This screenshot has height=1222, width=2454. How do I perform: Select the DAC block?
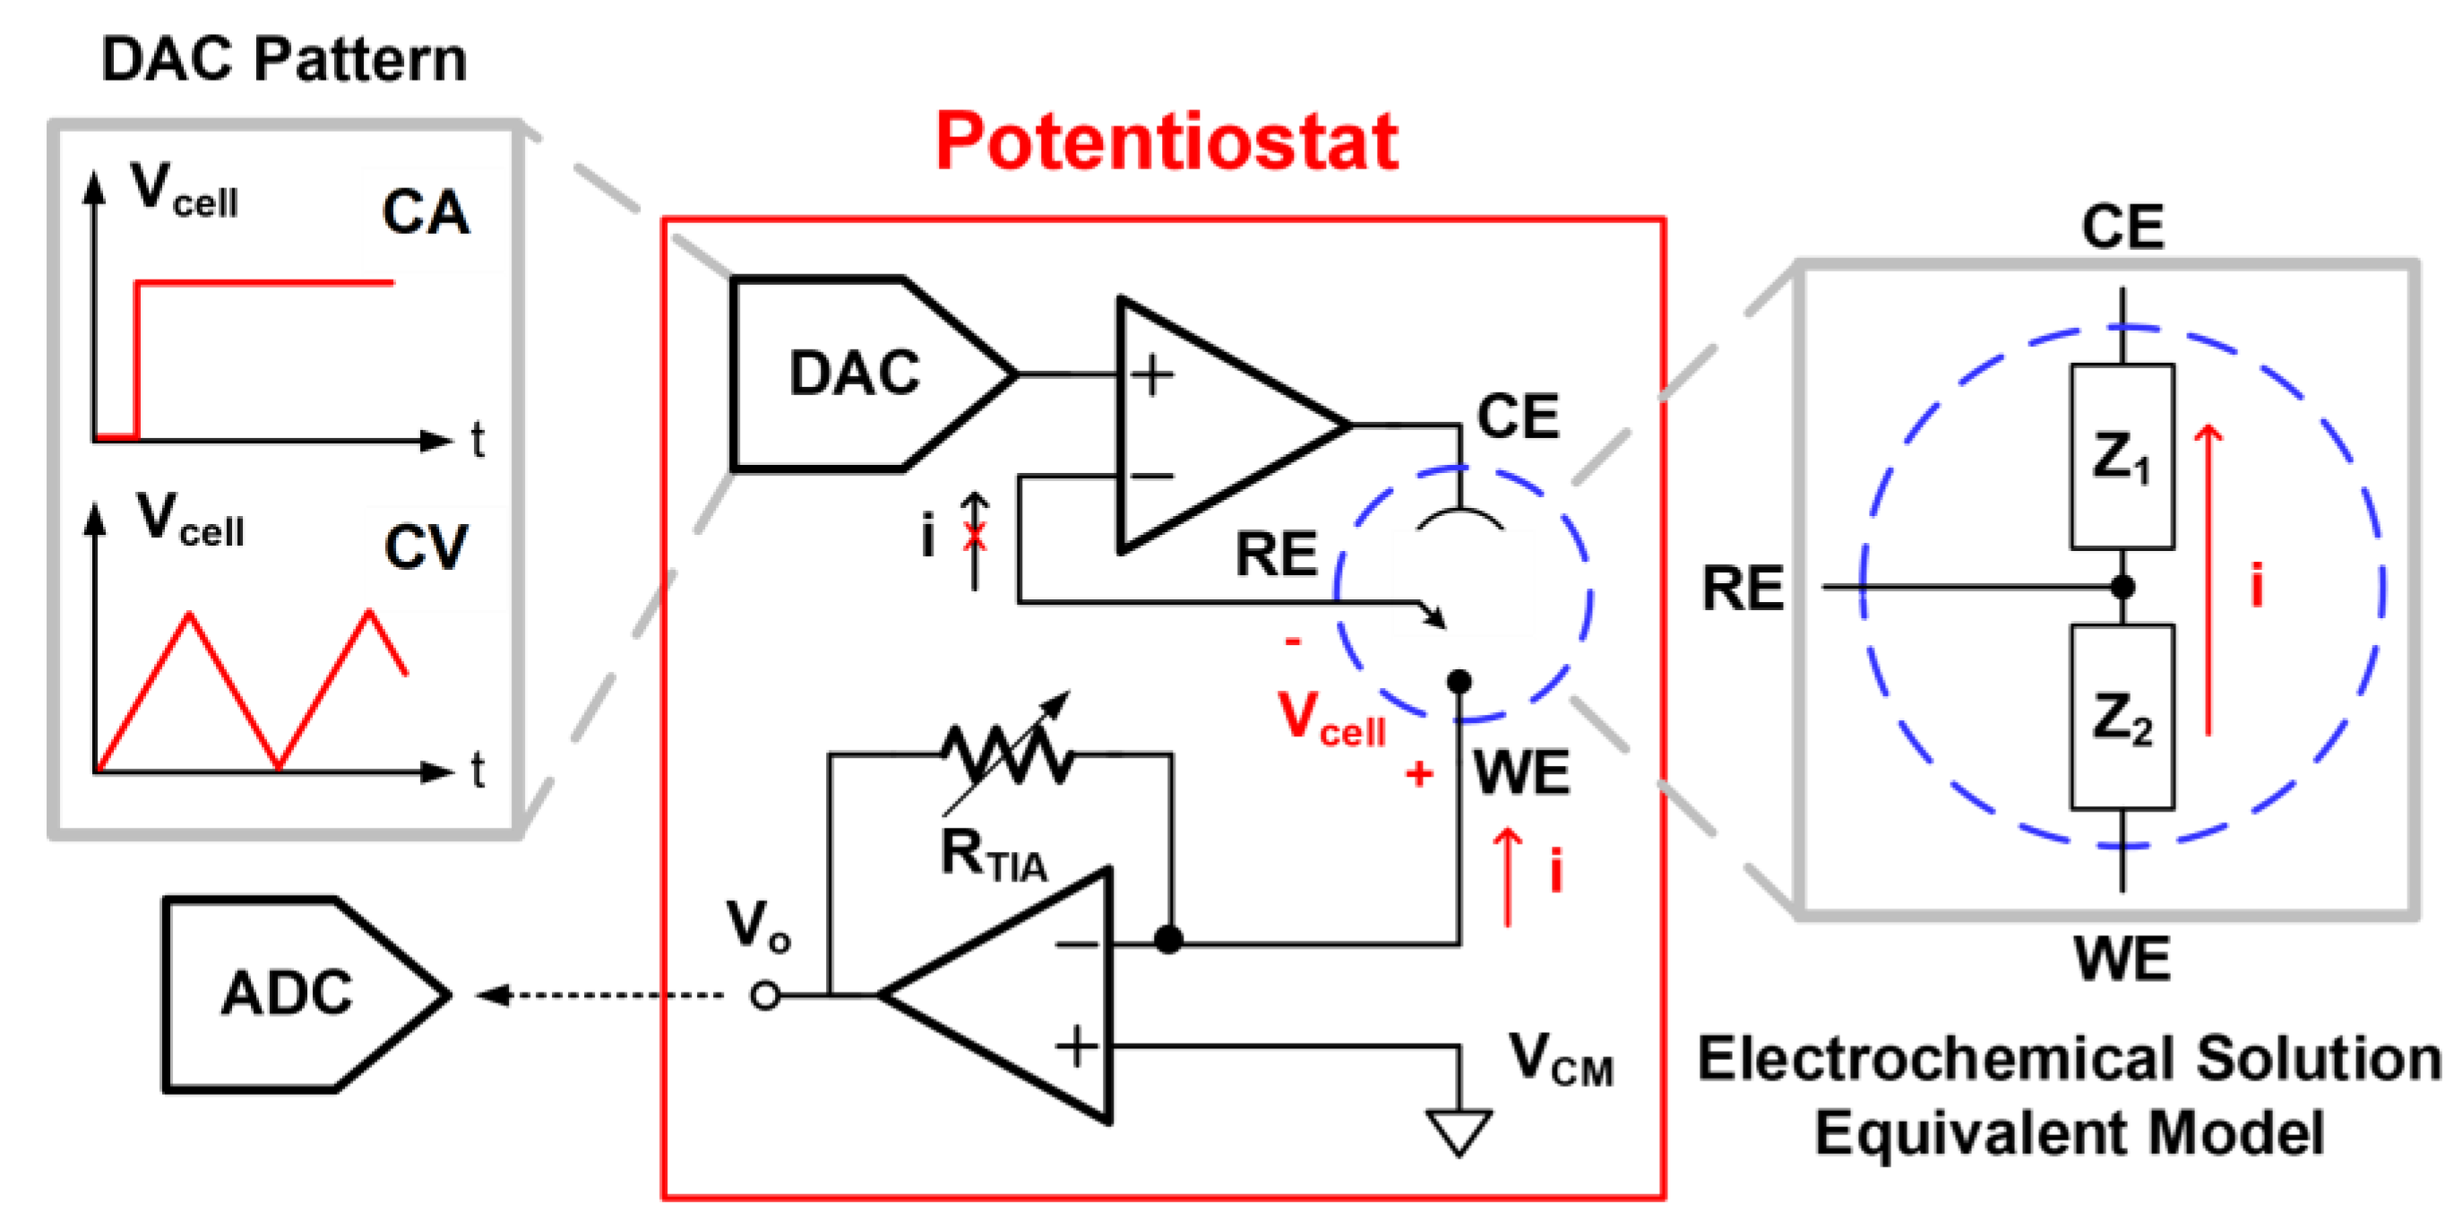click(872, 374)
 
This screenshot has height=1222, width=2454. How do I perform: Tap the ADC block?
click(305, 994)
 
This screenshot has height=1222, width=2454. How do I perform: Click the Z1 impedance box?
click(2122, 456)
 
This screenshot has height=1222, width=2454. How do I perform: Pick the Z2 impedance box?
click(2122, 716)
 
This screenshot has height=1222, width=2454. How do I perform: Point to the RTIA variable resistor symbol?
click(1008, 754)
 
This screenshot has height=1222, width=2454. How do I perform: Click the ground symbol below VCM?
click(1459, 1132)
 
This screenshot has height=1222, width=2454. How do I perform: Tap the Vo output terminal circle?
click(765, 995)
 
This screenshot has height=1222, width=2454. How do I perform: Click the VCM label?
click(1561, 1058)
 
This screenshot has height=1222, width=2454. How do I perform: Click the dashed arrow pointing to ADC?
click(600, 995)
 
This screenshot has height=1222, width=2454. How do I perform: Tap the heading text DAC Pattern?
click(284, 59)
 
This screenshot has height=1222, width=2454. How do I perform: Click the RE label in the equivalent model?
click(1743, 588)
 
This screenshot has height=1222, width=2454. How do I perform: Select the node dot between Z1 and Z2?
click(2122, 587)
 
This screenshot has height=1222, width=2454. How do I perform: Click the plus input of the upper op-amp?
click(1152, 374)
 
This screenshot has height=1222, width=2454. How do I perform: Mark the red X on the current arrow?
click(974, 538)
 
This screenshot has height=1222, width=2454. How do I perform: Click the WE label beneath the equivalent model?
click(2122, 959)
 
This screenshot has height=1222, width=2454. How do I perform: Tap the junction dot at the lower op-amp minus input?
click(1168, 940)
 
